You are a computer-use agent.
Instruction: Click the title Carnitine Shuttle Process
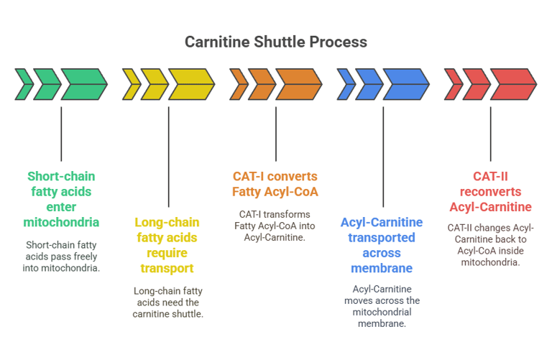coord(276,42)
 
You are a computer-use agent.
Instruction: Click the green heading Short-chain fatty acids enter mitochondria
coord(61,198)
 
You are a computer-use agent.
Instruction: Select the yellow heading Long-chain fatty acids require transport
coord(168,245)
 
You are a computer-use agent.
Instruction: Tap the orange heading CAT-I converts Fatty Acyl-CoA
coord(275,184)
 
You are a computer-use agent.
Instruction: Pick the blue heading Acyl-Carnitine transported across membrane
coord(382,245)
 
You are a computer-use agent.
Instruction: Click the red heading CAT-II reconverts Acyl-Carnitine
coord(491,191)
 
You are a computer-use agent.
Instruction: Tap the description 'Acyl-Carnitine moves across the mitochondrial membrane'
coord(382,306)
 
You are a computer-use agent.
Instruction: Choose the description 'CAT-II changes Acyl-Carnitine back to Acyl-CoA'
coord(491,245)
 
